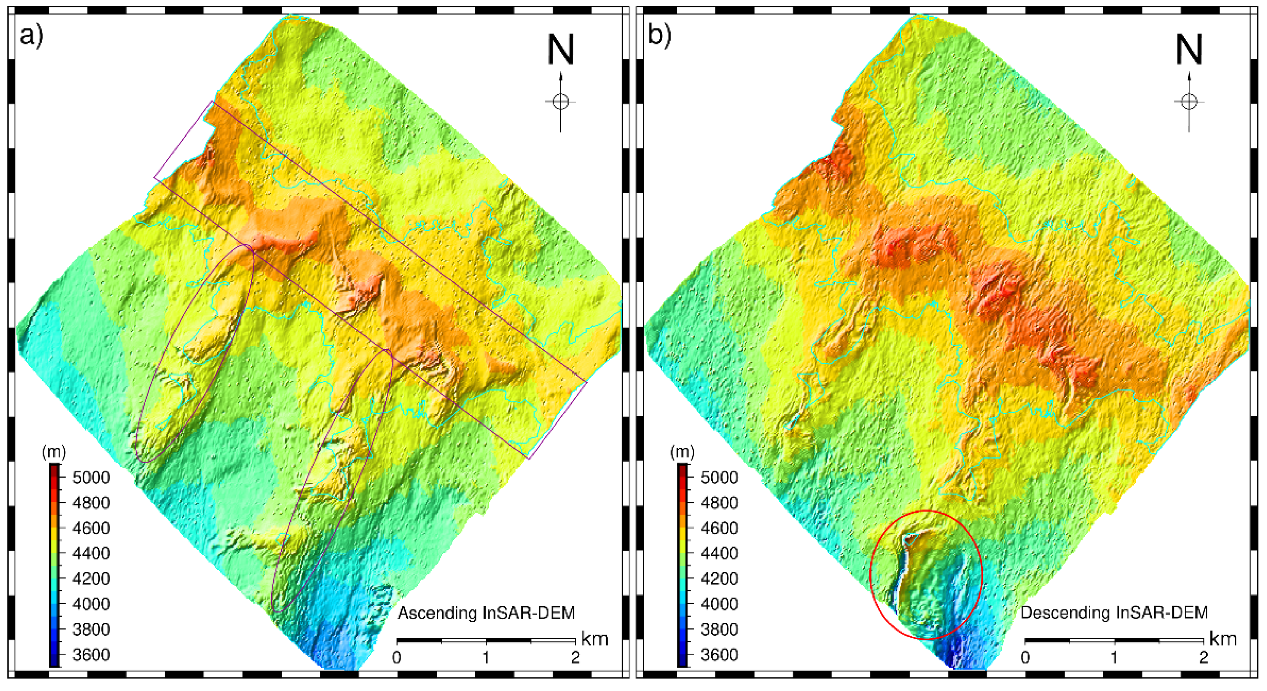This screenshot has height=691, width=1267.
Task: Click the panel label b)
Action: [659, 36]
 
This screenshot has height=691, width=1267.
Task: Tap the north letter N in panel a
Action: [561, 50]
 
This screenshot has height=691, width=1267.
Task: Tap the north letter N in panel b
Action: [1189, 50]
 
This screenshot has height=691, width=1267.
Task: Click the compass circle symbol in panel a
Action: [561, 102]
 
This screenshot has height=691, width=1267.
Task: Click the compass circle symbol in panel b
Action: [1189, 102]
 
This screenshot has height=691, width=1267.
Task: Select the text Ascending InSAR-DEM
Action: [486, 613]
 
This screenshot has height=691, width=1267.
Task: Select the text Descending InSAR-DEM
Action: [1114, 613]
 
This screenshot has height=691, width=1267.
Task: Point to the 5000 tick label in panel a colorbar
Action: [91, 477]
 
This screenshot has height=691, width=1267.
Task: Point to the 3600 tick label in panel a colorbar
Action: [91, 655]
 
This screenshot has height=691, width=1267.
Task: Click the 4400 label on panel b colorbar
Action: [719, 553]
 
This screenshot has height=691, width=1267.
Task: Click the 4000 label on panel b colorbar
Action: [719, 604]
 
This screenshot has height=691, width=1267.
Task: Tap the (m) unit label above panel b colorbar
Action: [682, 452]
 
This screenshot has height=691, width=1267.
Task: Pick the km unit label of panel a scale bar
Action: [595, 639]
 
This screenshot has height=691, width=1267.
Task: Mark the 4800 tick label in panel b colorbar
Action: [719, 503]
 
